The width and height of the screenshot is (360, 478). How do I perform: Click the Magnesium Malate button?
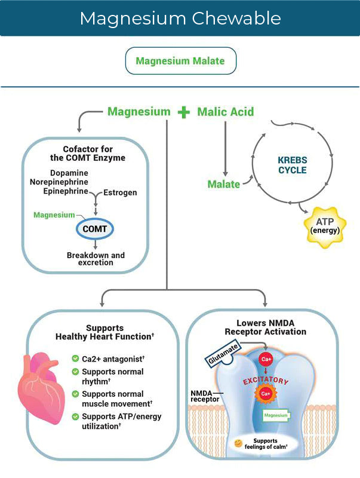pyautogui.click(x=180, y=61)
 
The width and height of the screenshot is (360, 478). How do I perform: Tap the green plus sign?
pyautogui.click(x=183, y=112)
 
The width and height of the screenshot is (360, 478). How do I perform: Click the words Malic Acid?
pyautogui.click(x=225, y=112)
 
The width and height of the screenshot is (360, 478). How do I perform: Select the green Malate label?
pyautogui.click(x=223, y=185)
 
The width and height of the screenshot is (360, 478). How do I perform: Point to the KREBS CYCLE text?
pyautogui.click(x=292, y=166)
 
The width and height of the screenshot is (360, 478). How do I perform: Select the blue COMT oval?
pyautogui.click(x=94, y=229)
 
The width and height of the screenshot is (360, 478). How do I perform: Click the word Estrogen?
pyautogui.click(x=120, y=192)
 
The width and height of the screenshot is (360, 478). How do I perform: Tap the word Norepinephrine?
pyautogui.click(x=59, y=182)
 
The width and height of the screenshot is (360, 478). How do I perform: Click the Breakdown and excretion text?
pyautogui.click(x=96, y=259)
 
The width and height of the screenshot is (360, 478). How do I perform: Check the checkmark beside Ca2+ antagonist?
pyautogui.click(x=75, y=359)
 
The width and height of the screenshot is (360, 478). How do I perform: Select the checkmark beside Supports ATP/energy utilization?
pyautogui.click(x=75, y=416)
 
